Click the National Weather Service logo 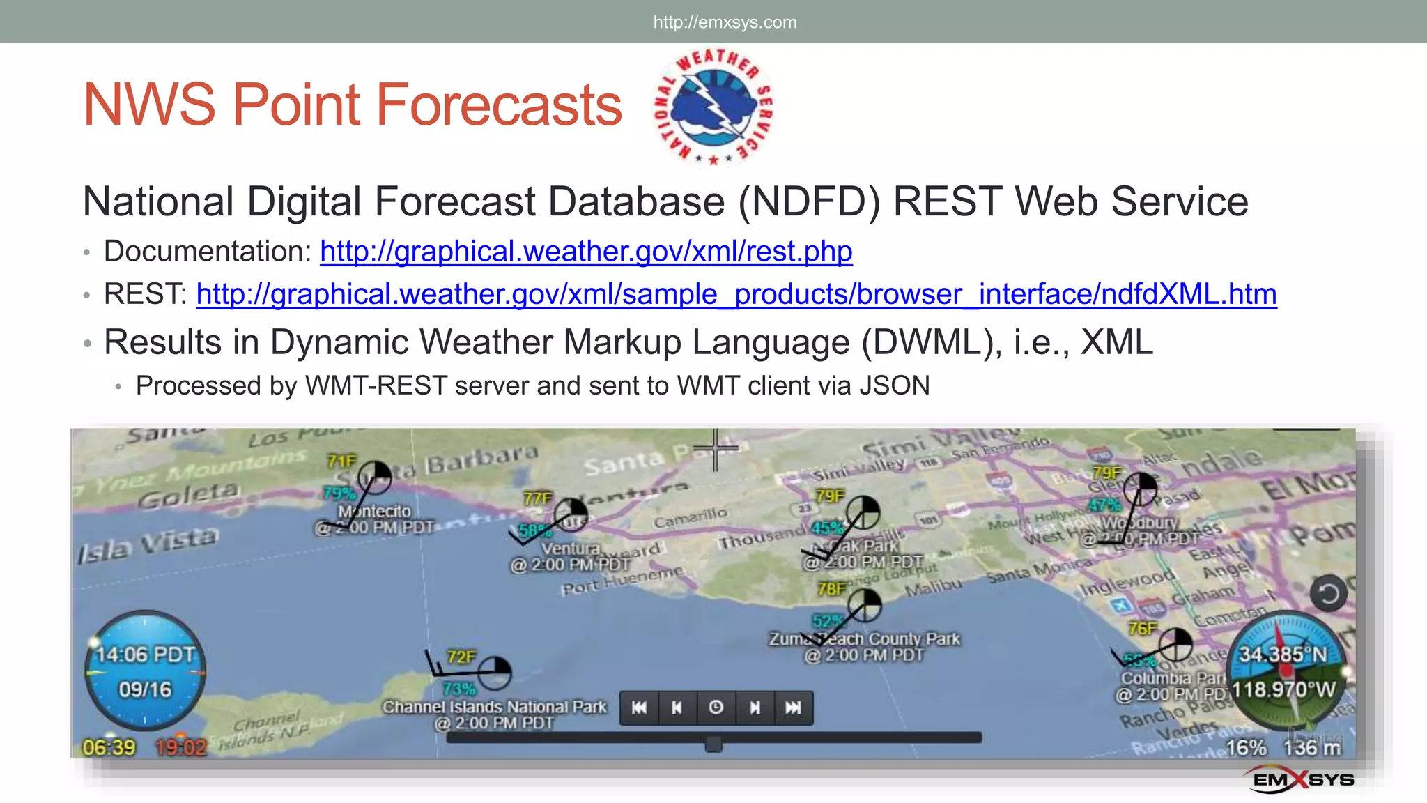tap(713, 106)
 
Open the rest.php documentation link tap(586, 252)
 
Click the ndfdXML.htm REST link tap(736, 294)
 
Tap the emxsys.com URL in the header tap(725, 22)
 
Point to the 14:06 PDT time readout tap(146, 655)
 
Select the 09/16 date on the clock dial tap(145, 689)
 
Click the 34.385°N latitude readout tap(1283, 655)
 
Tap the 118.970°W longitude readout tap(1283, 690)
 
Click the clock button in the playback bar tap(716, 708)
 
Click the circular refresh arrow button tap(1328, 594)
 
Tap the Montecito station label tap(375, 512)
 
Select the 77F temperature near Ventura tap(537, 498)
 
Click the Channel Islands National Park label tap(495, 707)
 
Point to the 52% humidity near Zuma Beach tap(827, 621)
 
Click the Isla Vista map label tap(148, 544)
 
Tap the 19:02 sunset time tap(180, 748)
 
